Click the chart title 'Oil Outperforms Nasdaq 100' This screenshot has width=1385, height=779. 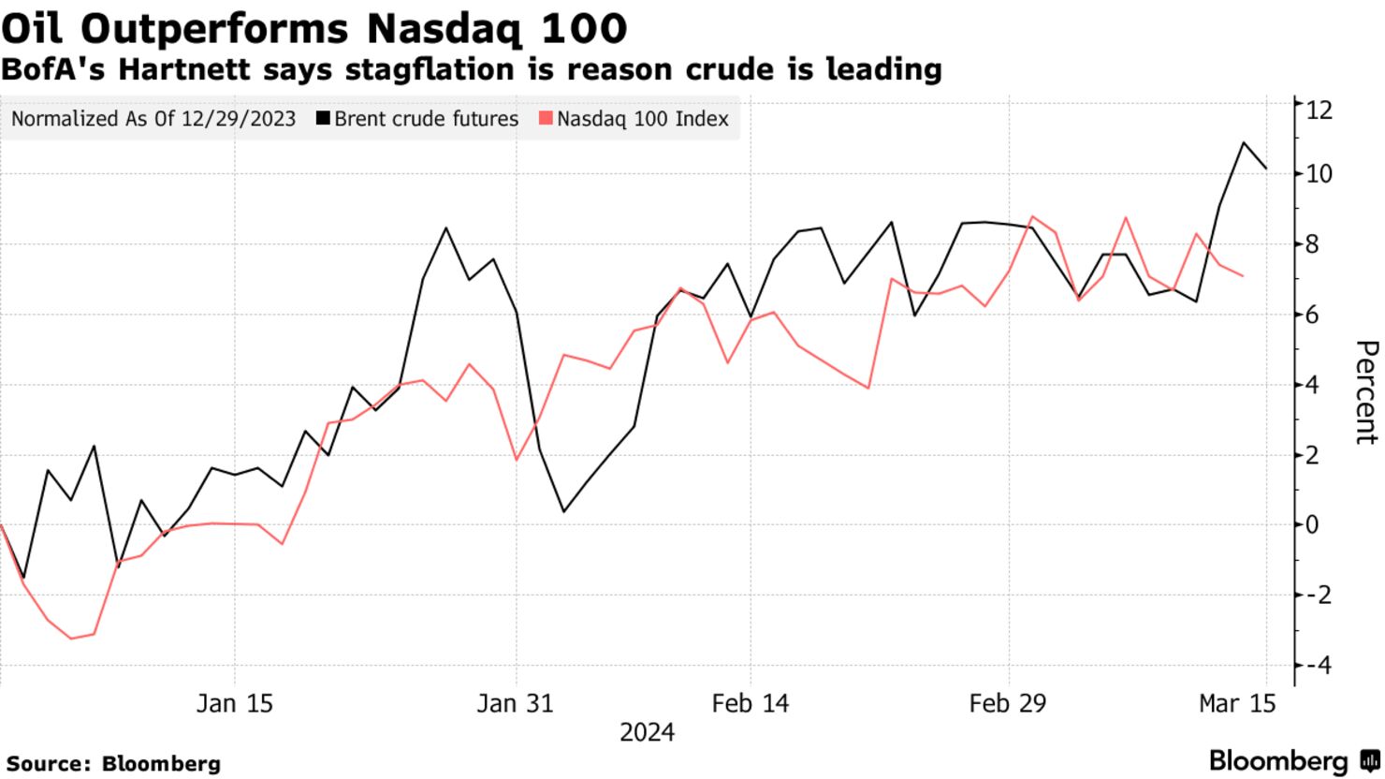(x=313, y=28)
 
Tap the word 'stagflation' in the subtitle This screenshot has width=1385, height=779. (x=522, y=69)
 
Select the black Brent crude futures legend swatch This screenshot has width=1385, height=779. (x=323, y=119)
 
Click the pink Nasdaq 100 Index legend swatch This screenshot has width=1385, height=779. (x=546, y=119)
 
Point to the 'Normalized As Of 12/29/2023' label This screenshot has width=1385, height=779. (x=153, y=119)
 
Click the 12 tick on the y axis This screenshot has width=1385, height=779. (x=1319, y=110)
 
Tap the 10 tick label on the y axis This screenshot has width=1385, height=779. (x=1319, y=174)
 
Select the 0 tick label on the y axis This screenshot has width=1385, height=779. (x=1312, y=524)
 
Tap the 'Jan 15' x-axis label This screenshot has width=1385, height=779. (x=234, y=703)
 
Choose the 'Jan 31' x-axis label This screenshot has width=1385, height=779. (x=515, y=703)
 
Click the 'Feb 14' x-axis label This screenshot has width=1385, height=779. (x=750, y=703)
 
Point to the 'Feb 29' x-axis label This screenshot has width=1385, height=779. (x=1008, y=703)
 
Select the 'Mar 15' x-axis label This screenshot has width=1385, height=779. (x=1236, y=703)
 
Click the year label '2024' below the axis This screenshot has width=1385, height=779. (x=647, y=731)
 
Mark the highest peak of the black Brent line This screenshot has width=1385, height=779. (x=1244, y=142)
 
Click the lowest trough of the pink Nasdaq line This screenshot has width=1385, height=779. (x=71, y=639)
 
